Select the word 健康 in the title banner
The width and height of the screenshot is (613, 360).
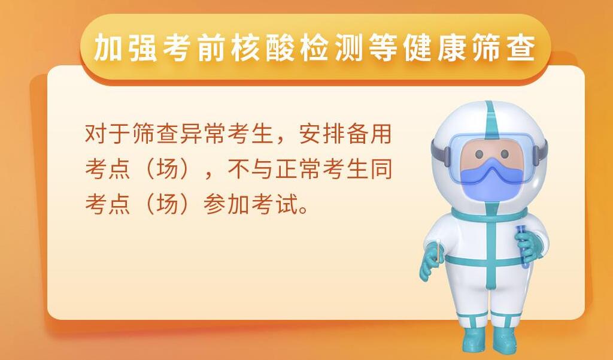pyautogui.click(x=435, y=48)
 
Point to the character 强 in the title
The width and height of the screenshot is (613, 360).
pyautogui.click(x=142, y=48)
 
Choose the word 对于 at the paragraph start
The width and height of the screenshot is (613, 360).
pyautogui.click(x=108, y=134)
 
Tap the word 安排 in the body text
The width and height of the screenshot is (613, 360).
pyautogui.click(x=321, y=134)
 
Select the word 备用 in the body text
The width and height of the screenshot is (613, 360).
pyautogui.click(x=369, y=134)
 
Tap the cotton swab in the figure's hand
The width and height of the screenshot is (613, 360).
pyautogui.click(x=439, y=250)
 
